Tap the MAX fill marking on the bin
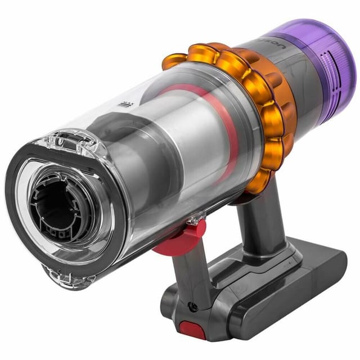(125, 102)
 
